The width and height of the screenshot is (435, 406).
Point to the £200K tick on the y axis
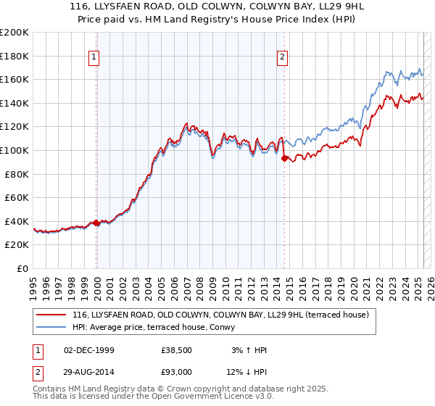pyautogui.click(x=14, y=33)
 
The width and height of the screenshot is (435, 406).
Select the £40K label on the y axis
pyautogui.click(x=17, y=221)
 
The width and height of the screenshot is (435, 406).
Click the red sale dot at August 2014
pyautogui.click(x=284, y=158)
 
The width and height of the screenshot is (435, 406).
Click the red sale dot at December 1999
pyautogui.click(x=96, y=223)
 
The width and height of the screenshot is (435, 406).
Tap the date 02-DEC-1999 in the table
pyautogui.click(x=89, y=350)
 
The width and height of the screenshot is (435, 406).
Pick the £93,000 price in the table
pyautogui.click(x=177, y=371)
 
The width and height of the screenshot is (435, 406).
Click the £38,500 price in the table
pyautogui.click(x=177, y=350)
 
